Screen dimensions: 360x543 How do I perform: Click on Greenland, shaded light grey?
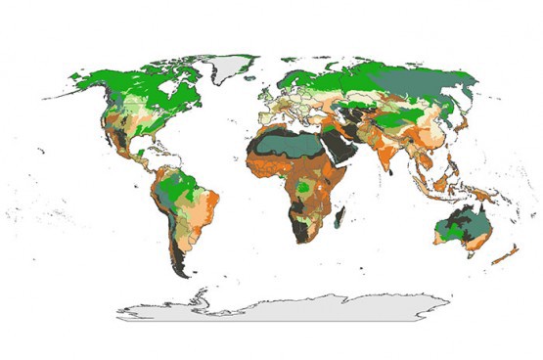228,67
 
